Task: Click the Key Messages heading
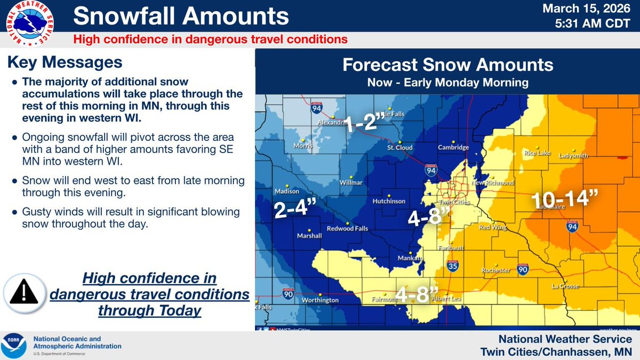(x=65, y=62)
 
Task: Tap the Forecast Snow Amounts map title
(x=447, y=65)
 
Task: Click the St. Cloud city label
(x=398, y=147)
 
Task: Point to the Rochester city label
(x=496, y=270)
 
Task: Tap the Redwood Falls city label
(x=370, y=229)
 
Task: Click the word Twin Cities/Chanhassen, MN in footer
(x=556, y=351)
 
